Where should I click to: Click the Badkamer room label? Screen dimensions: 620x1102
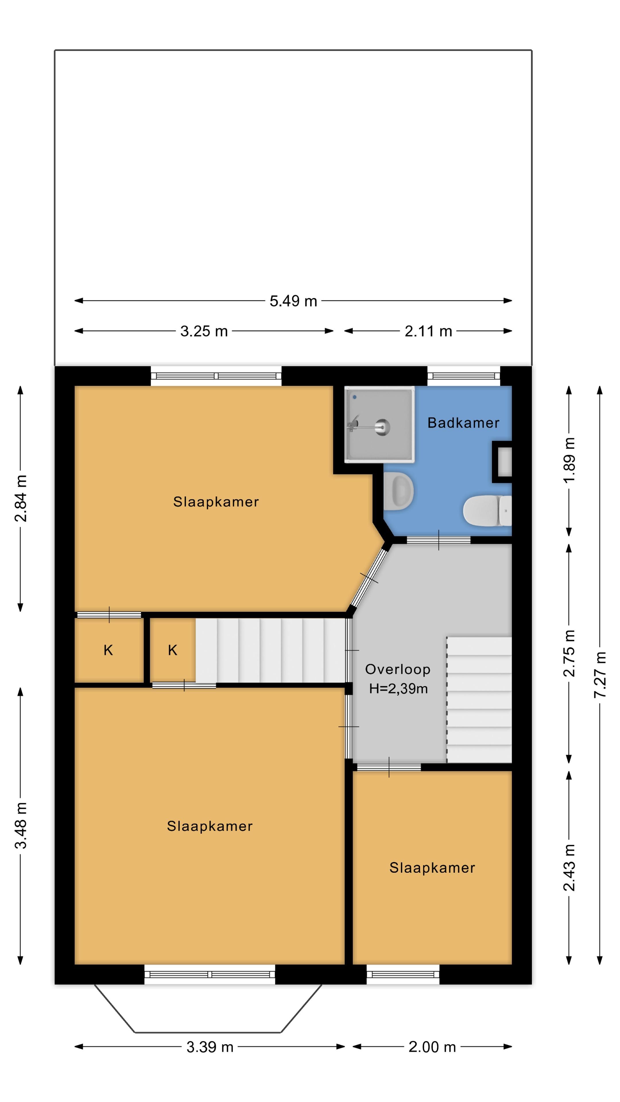point(463,423)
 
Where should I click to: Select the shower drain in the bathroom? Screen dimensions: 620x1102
point(382,426)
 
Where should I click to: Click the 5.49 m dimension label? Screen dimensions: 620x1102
point(293,301)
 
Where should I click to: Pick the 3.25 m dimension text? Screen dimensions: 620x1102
point(204,331)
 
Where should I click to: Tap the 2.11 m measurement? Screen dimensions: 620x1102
point(428,331)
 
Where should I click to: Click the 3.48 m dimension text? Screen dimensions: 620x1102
point(21,825)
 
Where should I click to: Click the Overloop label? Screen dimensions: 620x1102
point(398,670)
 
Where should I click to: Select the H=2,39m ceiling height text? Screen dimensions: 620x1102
point(398,689)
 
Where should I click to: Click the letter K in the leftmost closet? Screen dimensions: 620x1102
point(108,650)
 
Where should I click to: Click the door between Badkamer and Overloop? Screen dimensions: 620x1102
point(439,540)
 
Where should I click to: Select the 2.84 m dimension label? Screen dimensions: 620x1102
point(21,498)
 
